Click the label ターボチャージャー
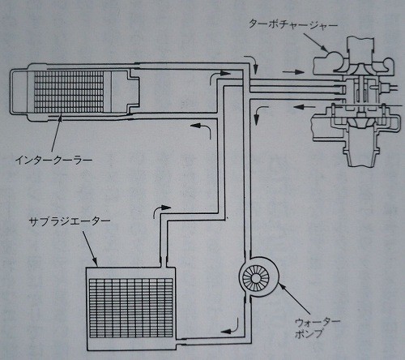(293, 24)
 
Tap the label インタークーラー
(53, 161)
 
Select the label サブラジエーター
(70, 222)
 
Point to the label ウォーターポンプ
(317, 328)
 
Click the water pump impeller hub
(256, 277)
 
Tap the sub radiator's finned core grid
(130, 308)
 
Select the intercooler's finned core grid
(69, 92)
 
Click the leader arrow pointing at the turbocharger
(316, 42)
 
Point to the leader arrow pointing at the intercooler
(56, 133)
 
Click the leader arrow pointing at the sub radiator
(90, 248)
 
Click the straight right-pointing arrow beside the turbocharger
(293, 72)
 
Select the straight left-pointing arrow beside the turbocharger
(305, 107)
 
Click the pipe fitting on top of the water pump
(248, 254)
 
